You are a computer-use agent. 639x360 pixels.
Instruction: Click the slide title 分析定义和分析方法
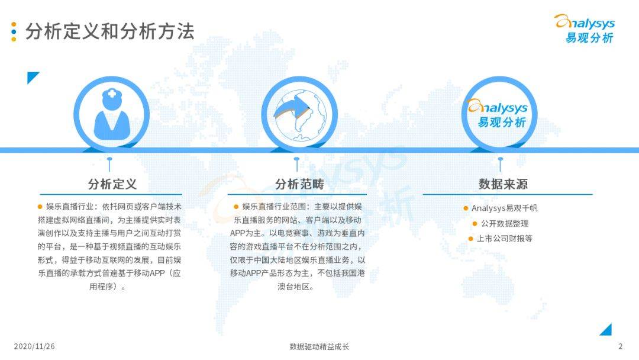pyautogui.click(x=109, y=31)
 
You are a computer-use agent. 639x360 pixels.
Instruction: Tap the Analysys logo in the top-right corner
pyautogui.click(x=584, y=29)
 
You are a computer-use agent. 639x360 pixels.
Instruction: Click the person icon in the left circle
pyautogui.click(x=112, y=114)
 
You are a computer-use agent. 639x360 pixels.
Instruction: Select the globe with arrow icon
pyautogui.click(x=299, y=114)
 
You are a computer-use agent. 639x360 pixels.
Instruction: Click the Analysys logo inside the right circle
pyautogui.click(x=499, y=114)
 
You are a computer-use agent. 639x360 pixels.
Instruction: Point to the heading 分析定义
pyautogui.click(x=112, y=184)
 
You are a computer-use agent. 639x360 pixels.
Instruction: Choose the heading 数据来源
pyautogui.click(x=503, y=184)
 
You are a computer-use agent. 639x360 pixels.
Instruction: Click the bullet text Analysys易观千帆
pyautogui.click(x=504, y=208)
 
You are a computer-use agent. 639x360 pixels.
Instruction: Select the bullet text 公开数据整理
pyautogui.click(x=504, y=223)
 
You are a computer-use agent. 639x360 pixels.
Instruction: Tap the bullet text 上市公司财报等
pyautogui.click(x=504, y=239)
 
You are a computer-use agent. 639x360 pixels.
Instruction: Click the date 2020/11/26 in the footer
pyautogui.click(x=34, y=346)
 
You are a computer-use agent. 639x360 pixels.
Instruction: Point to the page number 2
pyautogui.click(x=620, y=346)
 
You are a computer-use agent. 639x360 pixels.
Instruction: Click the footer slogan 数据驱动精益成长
pyautogui.click(x=319, y=346)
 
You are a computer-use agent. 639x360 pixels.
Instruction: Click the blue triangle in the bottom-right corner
pyautogui.click(x=606, y=330)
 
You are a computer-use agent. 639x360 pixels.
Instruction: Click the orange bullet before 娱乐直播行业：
pyautogui.click(x=40, y=207)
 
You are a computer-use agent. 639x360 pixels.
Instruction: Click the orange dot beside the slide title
pyautogui.click(x=14, y=25)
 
